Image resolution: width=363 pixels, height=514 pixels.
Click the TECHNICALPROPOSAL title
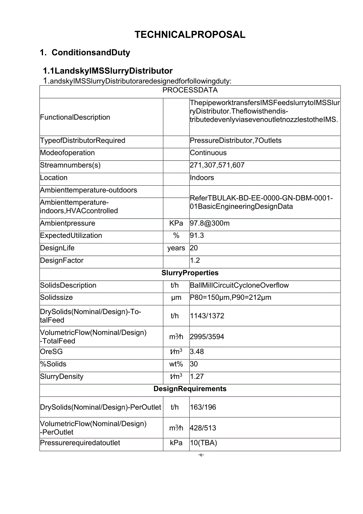[190, 35]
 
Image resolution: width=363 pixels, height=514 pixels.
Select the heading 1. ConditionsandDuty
[85, 53]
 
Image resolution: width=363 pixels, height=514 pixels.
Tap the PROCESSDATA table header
[190, 90]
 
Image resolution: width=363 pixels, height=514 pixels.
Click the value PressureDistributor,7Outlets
[236, 141]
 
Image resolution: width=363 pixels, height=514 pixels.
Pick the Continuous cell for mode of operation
[208, 153]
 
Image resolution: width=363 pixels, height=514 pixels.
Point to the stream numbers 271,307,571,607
[217, 165]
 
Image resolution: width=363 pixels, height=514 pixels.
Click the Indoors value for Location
[202, 178]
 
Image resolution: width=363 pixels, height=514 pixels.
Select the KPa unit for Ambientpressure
[176, 223]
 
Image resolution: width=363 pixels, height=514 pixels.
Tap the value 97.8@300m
[210, 223]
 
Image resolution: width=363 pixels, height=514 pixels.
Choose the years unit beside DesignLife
[176, 248]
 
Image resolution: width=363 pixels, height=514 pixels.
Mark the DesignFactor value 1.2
[195, 261]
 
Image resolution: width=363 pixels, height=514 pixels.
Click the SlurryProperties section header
[190, 273]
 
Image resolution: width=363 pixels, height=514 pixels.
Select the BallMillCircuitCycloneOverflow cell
[239, 285]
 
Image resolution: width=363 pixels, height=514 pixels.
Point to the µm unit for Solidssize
[176, 297]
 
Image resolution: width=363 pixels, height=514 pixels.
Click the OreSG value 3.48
[197, 352]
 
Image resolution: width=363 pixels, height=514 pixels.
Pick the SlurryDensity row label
[62, 377]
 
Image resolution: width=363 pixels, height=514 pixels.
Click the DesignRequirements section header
[190, 389]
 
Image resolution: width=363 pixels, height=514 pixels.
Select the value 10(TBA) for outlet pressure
[203, 443]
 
